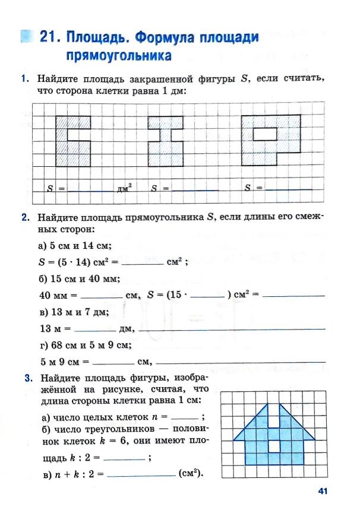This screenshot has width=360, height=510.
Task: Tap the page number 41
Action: pyautogui.click(x=323, y=490)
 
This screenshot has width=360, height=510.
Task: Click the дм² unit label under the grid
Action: pyautogui.click(x=124, y=189)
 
